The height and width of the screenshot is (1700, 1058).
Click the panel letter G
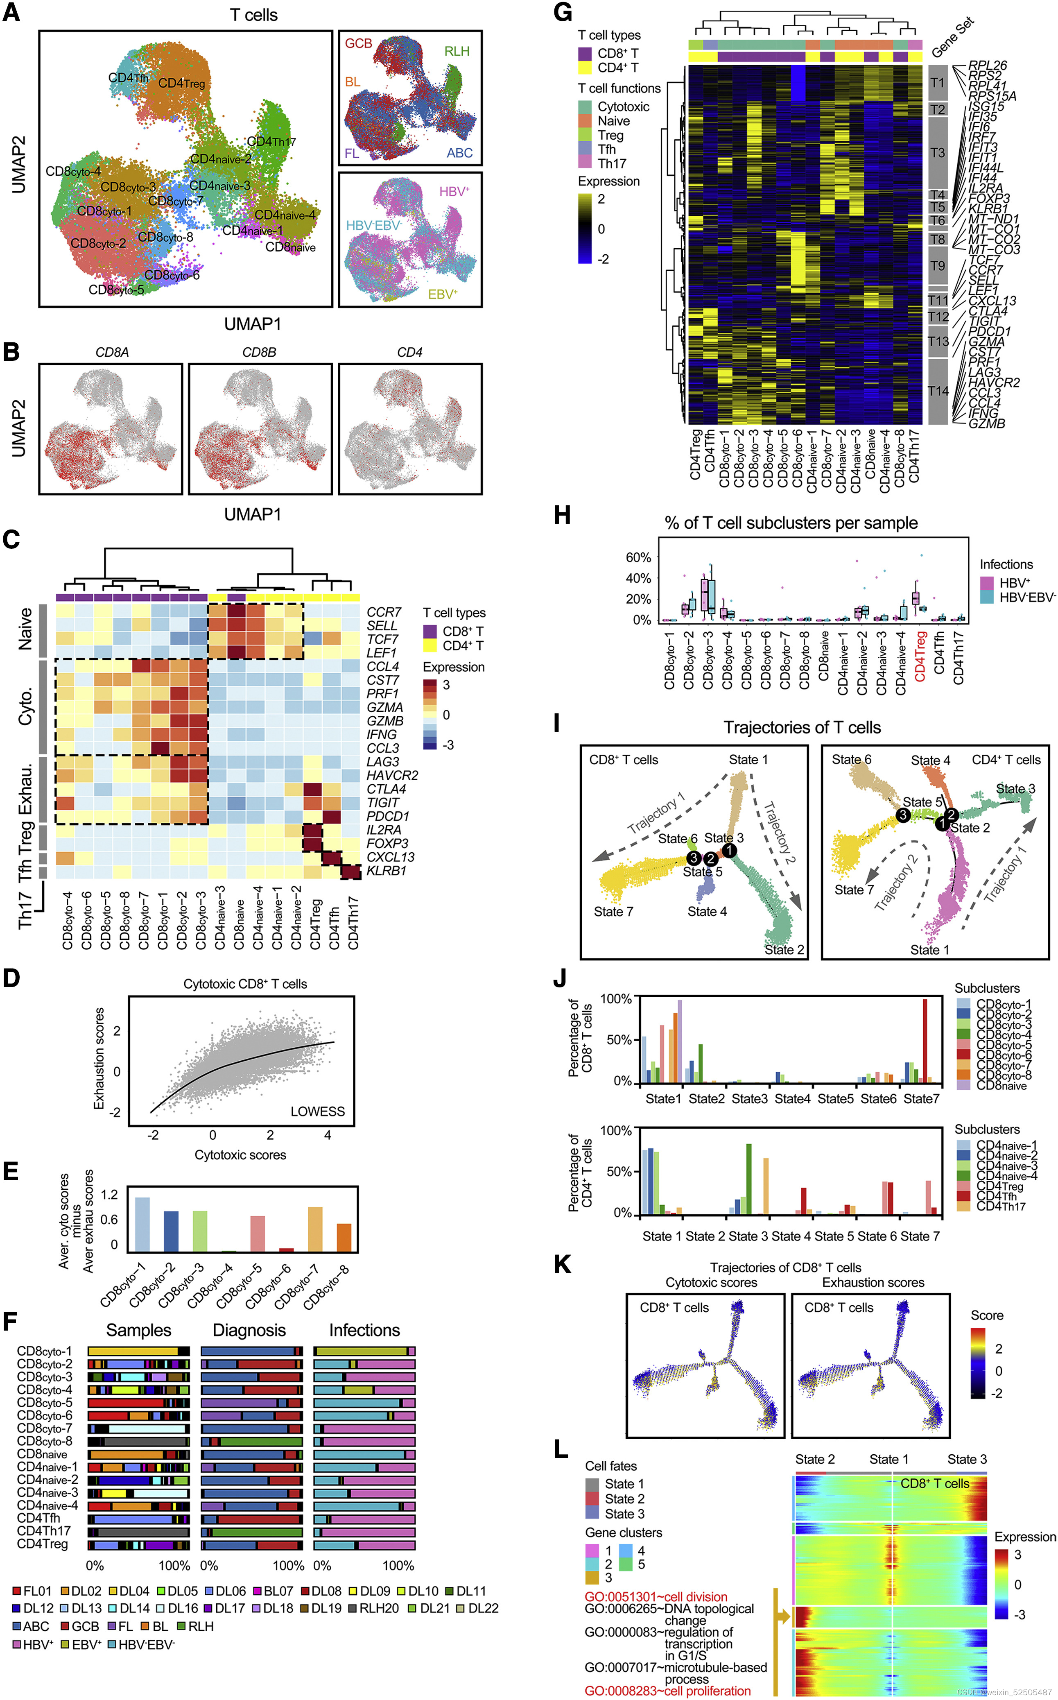pyautogui.click(x=562, y=13)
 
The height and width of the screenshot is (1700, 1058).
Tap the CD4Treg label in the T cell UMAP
pyautogui.click(x=182, y=83)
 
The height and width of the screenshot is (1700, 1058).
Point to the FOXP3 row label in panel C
pyautogui.click(x=387, y=843)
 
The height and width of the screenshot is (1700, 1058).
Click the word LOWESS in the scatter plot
pyautogui.click(x=318, y=1111)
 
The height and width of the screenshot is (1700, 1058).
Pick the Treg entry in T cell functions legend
pyautogui.click(x=610, y=135)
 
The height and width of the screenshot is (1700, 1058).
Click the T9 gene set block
pyautogui.click(x=938, y=266)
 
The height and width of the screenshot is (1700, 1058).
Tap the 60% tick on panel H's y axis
pyautogui.click(x=638, y=557)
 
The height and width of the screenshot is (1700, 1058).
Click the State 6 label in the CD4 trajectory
pyautogui.click(x=851, y=759)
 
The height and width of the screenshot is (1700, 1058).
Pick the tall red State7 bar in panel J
pyautogui.click(x=925, y=1041)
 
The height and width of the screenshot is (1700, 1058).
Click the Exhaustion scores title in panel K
pyautogui.click(x=873, y=1282)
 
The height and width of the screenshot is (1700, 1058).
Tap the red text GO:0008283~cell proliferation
pyautogui.click(x=667, y=1690)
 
